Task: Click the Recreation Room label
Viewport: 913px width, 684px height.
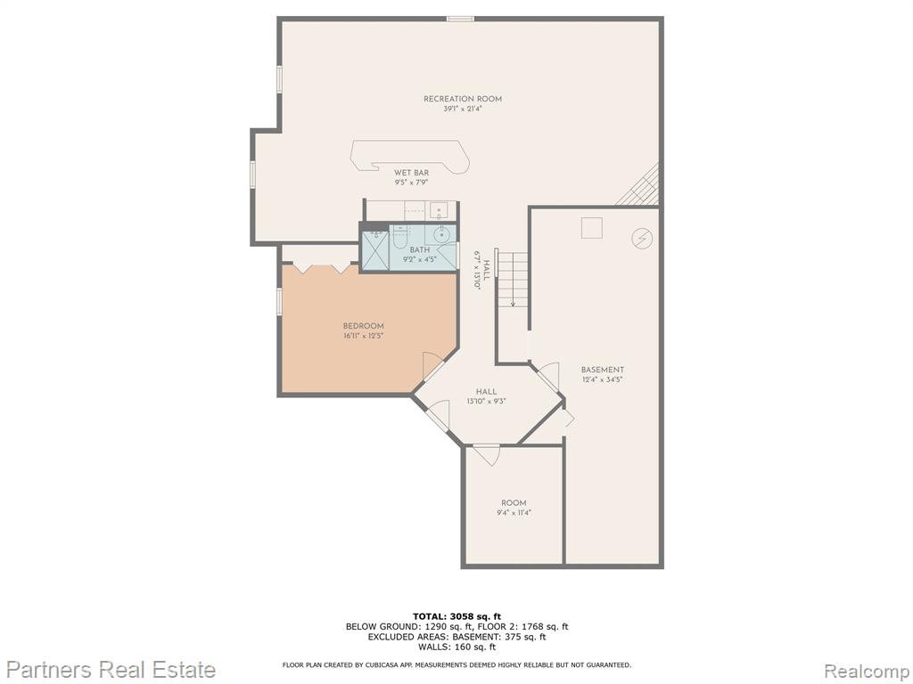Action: [x=463, y=99]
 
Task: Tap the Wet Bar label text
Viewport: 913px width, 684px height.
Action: [x=412, y=173]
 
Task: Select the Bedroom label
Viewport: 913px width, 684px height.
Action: [x=364, y=326]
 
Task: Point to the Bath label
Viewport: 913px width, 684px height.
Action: [x=420, y=250]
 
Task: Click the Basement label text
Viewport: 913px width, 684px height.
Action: [x=603, y=370]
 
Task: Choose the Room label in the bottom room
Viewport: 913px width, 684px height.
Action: [x=514, y=503]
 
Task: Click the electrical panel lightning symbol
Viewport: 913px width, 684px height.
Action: [x=642, y=238]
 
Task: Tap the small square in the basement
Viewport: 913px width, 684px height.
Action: [x=592, y=227]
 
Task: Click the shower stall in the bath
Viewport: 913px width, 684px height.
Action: [x=374, y=250]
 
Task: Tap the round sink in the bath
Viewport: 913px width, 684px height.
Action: [x=441, y=234]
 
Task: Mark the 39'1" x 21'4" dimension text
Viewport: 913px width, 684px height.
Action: [x=463, y=109]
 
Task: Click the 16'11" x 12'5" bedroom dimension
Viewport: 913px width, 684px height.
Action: [x=364, y=336]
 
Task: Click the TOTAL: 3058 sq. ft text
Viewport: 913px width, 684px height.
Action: [x=456, y=616]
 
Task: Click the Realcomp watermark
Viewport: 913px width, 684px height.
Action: [x=867, y=671]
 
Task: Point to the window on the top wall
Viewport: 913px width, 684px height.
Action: [x=460, y=19]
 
